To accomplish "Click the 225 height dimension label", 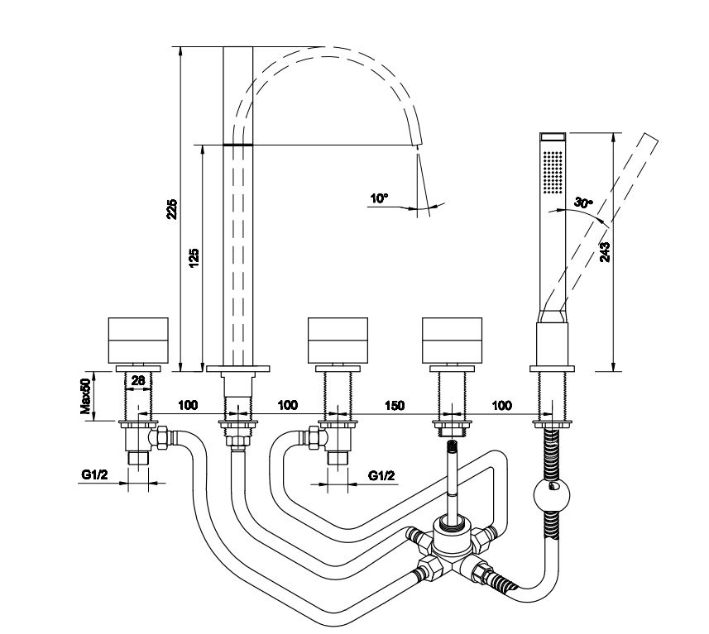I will click(x=171, y=208).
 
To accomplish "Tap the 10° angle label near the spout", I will click(x=379, y=198).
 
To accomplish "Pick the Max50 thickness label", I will click(x=84, y=398).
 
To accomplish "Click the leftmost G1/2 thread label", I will click(x=93, y=475).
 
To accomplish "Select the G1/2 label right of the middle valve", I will click(x=381, y=475).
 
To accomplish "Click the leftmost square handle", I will click(x=139, y=339).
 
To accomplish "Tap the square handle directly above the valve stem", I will click(x=452, y=339).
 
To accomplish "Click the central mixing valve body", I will click(x=451, y=546).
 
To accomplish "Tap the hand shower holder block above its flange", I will click(x=551, y=341).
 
